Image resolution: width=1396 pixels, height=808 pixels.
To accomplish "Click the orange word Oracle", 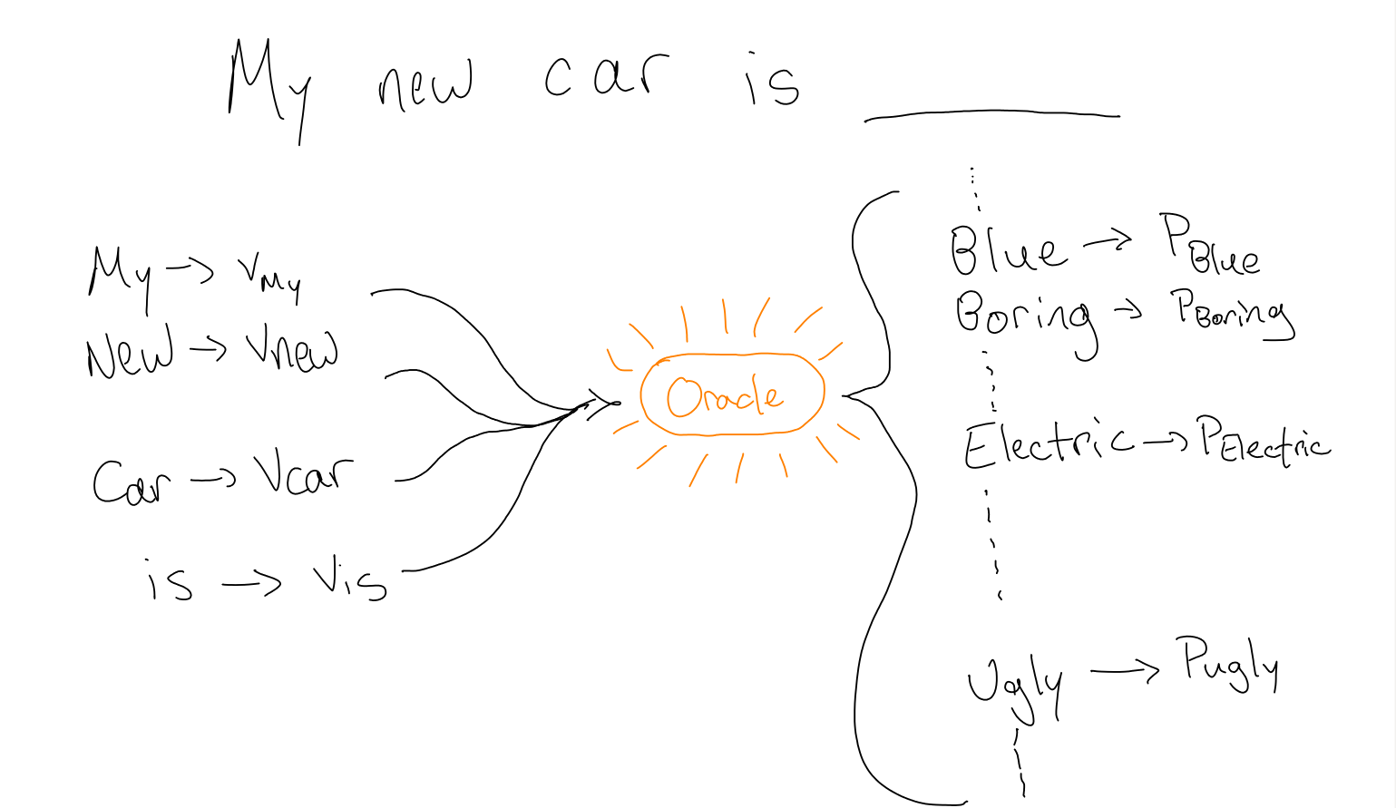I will (724, 396).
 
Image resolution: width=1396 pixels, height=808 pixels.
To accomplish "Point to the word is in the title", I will (772, 82).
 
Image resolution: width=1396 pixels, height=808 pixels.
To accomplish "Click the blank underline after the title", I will (991, 115).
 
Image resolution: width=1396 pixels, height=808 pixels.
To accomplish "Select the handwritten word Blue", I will (1007, 249).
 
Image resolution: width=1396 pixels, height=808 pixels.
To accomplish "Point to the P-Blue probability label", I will (1210, 245).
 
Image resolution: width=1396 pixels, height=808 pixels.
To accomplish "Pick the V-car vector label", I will (303, 473).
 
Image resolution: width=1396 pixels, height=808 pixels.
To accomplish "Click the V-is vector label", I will (349, 581).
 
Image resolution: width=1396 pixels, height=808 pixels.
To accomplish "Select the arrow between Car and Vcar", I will (214, 480).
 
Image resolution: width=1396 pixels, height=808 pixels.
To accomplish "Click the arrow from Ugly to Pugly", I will (1125, 671).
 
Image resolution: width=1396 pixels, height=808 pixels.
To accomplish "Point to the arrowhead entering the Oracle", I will (606, 403).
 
